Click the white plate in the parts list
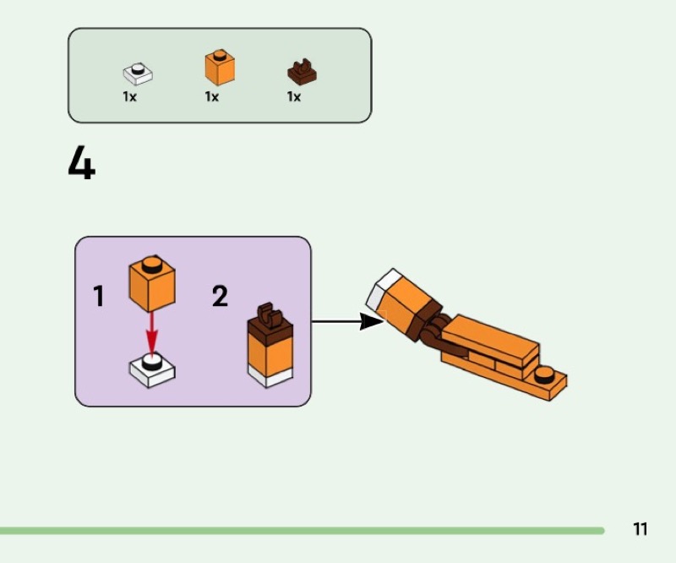138,74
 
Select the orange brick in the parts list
220,68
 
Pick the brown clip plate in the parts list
302,74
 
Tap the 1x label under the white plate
129,97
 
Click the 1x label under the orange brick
211,97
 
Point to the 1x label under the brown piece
293,97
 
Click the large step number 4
81,164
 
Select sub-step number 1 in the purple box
99,297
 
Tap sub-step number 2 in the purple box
220,297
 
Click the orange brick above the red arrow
152,282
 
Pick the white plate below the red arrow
152,369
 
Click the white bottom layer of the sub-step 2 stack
269,377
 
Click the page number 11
640,529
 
